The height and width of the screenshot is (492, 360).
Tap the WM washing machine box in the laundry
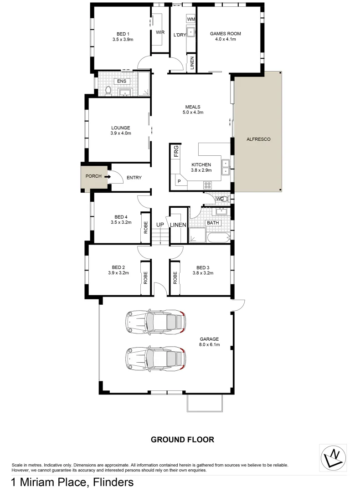191,19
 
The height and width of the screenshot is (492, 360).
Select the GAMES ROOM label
225,34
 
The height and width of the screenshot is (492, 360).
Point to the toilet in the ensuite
108,91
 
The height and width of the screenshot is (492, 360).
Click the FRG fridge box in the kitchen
175,151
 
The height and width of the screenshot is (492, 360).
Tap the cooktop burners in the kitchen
208,185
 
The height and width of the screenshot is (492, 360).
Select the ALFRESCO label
258,139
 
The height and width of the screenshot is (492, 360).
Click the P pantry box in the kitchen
179,181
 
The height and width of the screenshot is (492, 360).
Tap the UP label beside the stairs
160,225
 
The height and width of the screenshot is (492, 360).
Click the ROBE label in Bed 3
175,278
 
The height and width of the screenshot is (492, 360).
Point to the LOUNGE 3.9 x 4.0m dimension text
120,133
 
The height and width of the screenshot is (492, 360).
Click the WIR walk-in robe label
160,32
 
